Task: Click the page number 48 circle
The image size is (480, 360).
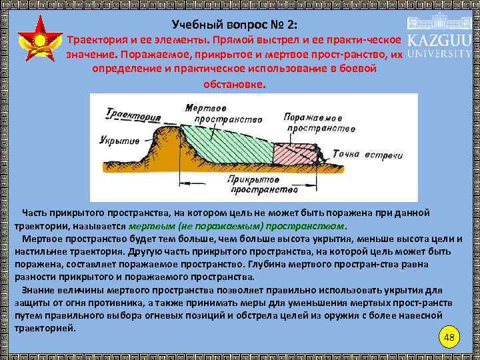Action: point(449,337)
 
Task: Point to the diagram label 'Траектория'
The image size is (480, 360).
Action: point(133,117)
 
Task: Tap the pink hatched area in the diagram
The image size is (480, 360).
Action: point(293,154)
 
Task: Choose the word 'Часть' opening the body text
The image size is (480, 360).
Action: point(35,213)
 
